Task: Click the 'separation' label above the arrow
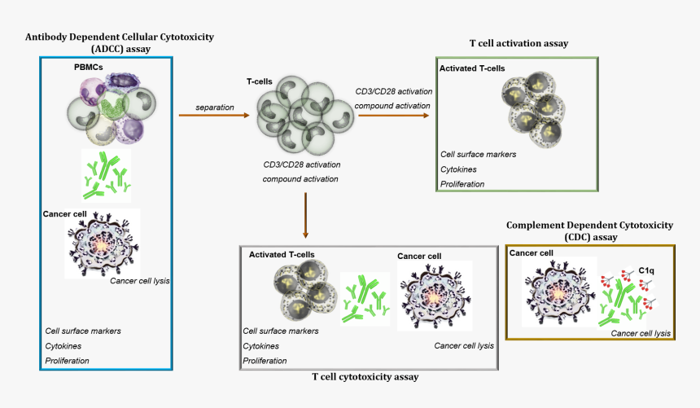[215, 107]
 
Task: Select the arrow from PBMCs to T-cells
[214, 116]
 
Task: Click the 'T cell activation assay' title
[518, 42]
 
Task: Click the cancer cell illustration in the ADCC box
[103, 243]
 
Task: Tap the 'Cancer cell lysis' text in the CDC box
[641, 333]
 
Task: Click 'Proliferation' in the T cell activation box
[462, 184]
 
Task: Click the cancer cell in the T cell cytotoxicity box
[434, 295]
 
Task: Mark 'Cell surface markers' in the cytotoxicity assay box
[281, 331]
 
